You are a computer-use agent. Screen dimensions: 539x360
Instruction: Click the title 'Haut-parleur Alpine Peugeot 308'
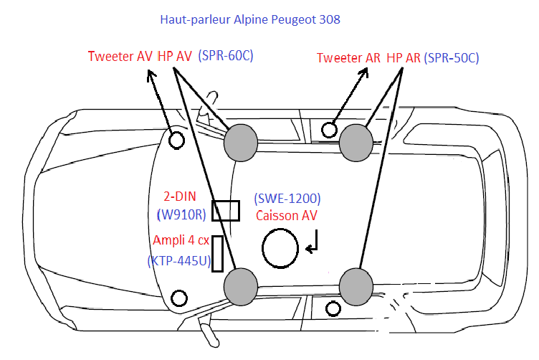point(250,19)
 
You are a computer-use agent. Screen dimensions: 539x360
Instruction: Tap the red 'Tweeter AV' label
point(120,56)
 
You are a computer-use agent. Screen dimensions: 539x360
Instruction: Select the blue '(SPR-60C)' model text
point(226,55)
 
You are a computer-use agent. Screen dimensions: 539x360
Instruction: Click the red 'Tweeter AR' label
point(348,58)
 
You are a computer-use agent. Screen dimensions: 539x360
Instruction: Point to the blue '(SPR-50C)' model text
point(452,58)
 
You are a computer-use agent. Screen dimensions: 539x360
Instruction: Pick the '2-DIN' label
point(180,196)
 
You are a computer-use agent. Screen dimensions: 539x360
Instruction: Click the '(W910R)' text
point(181,214)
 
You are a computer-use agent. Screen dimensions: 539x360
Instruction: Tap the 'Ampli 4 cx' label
point(181,240)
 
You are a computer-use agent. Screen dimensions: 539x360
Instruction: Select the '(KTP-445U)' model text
point(179,261)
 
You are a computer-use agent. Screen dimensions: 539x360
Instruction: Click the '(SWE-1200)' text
point(287,199)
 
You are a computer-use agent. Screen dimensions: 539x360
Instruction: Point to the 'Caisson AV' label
point(287,216)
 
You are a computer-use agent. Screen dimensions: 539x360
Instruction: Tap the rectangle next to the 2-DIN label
point(212,210)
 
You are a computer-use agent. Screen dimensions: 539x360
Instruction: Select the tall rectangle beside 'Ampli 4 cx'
point(212,254)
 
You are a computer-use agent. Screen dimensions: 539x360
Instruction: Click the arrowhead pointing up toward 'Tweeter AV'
point(151,75)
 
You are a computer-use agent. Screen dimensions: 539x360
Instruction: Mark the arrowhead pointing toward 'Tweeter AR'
point(364,72)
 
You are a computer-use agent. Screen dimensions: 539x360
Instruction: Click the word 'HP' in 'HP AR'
point(394,58)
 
